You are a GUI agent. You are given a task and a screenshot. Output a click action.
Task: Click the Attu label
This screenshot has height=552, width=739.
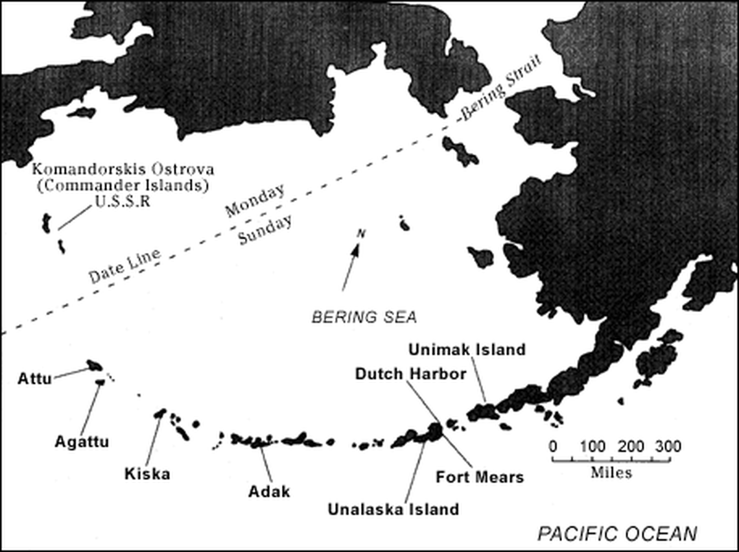click(x=34, y=378)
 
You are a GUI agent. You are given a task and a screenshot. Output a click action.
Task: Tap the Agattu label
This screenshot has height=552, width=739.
click(x=82, y=442)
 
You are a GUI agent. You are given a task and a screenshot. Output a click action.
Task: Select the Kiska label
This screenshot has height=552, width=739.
click(x=147, y=474)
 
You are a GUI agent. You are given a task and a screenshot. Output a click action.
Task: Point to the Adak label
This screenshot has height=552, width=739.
click(x=269, y=491)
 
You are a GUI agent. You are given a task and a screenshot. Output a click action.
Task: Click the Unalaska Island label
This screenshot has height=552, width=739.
click(x=393, y=509)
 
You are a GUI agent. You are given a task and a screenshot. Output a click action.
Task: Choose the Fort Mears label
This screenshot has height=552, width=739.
click(x=479, y=477)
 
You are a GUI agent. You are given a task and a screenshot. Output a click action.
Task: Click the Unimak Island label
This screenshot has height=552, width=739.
click(x=467, y=350)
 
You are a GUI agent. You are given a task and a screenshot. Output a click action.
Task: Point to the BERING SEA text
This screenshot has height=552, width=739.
click(x=364, y=317)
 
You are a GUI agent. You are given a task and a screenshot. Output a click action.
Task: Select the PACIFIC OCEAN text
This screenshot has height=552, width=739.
click(x=617, y=534)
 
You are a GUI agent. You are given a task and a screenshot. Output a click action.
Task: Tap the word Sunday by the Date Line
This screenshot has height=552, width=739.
click(x=265, y=230)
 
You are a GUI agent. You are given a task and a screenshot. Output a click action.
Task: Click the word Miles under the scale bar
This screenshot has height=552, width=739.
click(x=611, y=472)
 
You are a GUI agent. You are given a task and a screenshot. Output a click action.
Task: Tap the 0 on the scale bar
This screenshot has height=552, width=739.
click(x=552, y=446)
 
